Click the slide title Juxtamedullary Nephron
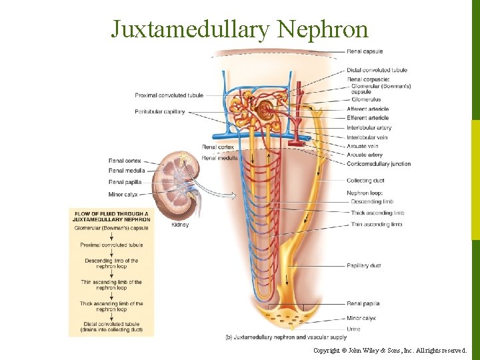239,29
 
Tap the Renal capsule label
364,51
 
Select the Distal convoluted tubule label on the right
377,70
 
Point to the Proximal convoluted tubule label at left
169,95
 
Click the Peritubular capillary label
160,111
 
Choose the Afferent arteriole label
367,109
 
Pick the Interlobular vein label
367,137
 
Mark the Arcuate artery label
365,155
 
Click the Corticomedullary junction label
379,163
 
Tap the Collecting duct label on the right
365,181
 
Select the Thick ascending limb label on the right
377,213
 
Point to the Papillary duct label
364,265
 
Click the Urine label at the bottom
353,329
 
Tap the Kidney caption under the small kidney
181,225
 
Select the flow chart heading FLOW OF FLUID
111,216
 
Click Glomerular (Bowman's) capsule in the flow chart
111,228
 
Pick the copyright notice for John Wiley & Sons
391,350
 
